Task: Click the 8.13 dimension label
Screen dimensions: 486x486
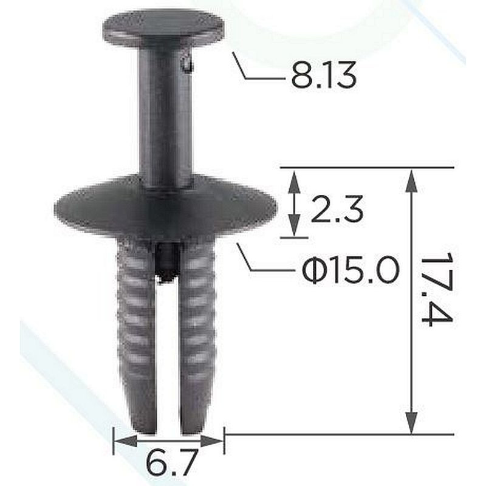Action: coord(324,76)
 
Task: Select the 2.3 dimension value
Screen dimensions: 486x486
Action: coord(337,210)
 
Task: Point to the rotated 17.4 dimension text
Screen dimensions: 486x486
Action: coord(437,289)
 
